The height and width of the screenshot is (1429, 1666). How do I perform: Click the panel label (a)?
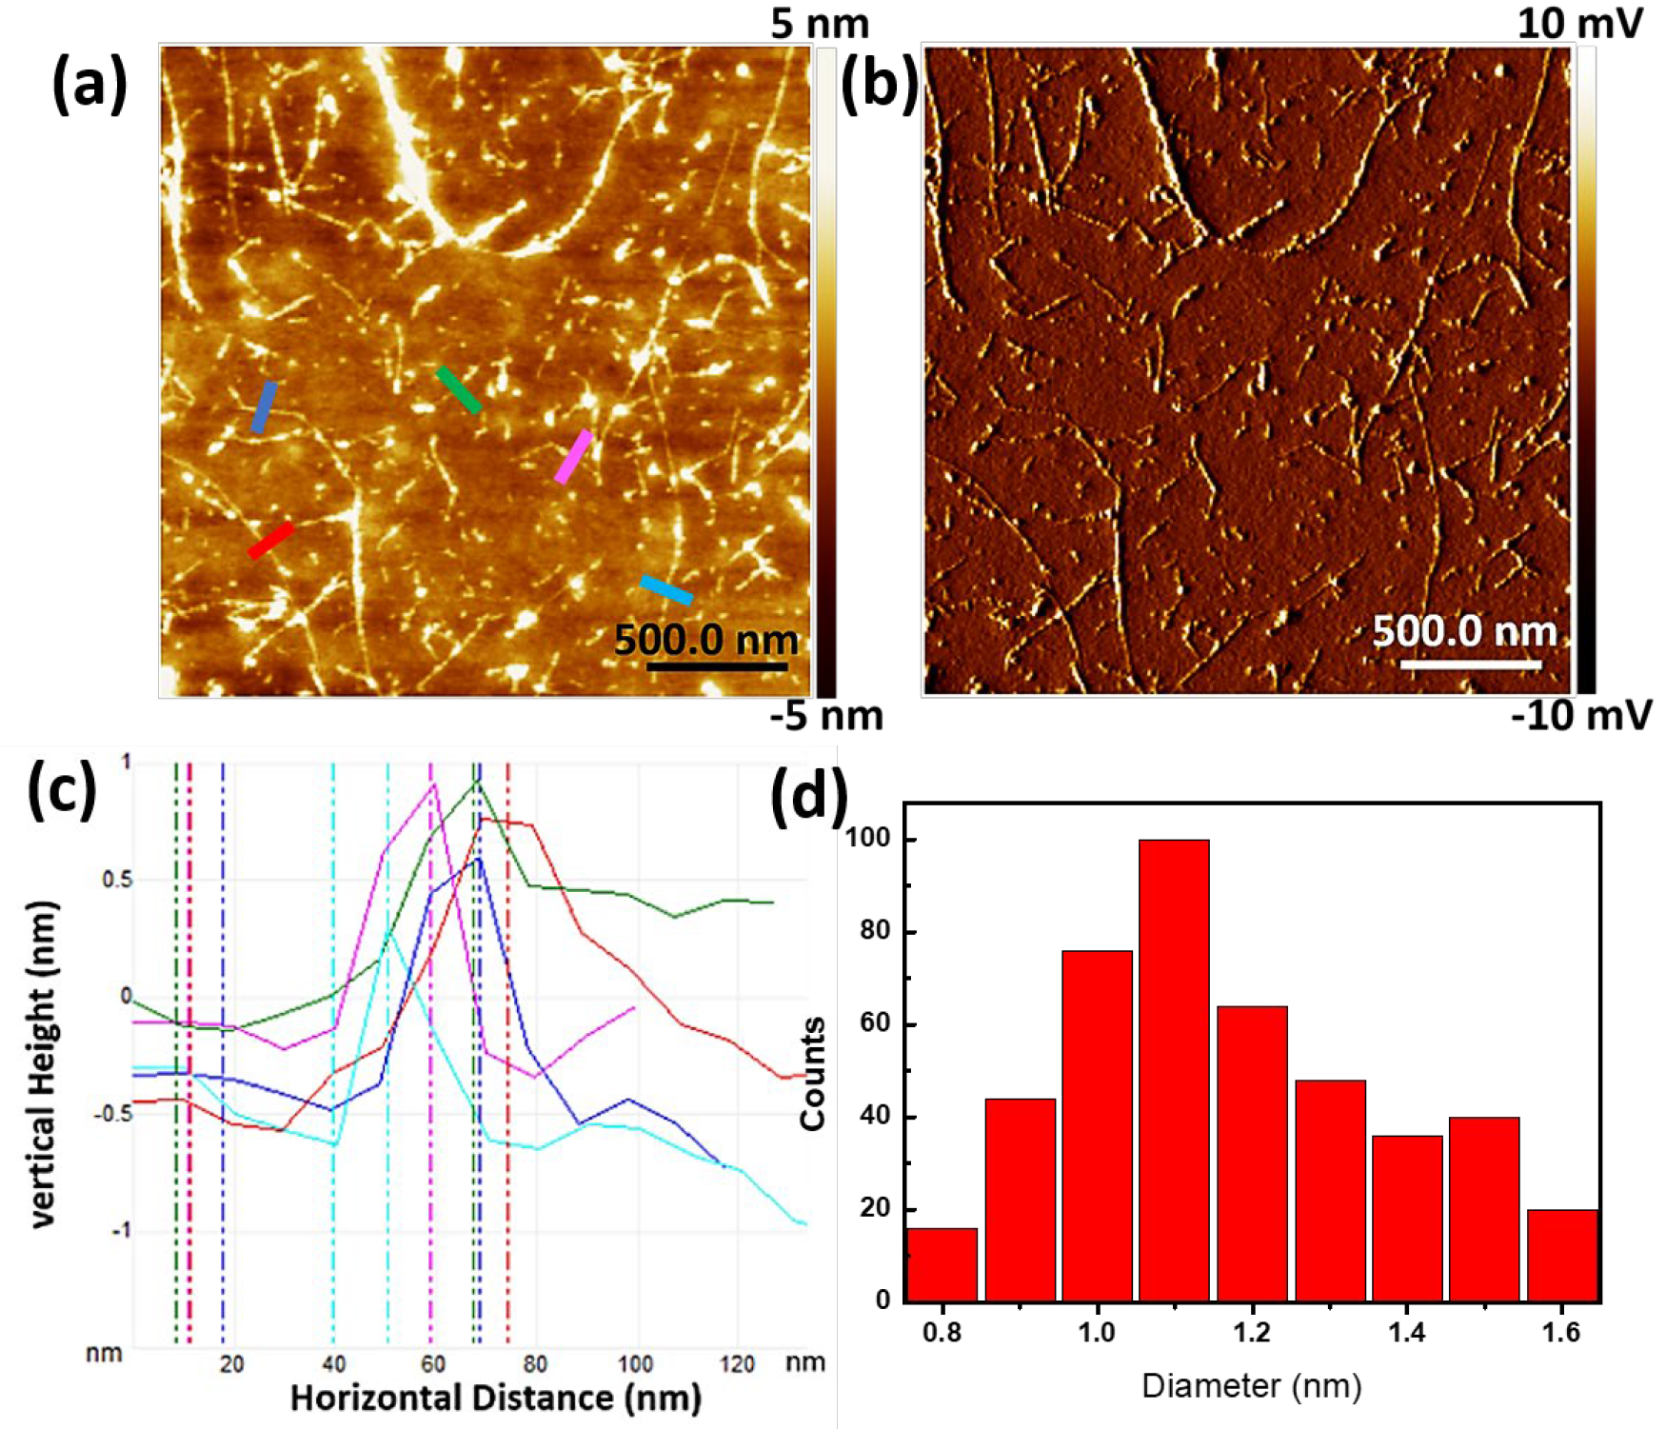click(x=89, y=83)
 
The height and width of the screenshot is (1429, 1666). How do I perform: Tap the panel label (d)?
click(x=808, y=793)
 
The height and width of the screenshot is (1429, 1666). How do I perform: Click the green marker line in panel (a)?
click(x=458, y=389)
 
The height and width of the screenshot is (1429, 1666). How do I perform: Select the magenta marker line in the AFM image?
click(x=574, y=456)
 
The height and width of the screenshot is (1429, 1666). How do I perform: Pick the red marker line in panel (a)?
click(x=270, y=540)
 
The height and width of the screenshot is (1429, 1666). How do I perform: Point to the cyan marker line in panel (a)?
click(x=665, y=589)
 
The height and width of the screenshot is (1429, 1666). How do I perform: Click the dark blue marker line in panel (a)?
click(x=264, y=407)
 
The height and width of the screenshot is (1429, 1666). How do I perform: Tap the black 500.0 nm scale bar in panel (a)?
click(x=717, y=665)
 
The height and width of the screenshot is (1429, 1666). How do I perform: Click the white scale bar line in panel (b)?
click(x=1470, y=664)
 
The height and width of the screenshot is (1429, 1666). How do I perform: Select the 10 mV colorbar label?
click(x=1579, y=23)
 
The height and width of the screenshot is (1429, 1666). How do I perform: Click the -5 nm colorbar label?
click(x=826, y=716)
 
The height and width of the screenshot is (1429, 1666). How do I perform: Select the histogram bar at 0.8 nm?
click(x=942, y=1264)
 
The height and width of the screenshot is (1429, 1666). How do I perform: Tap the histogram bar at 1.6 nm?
click(x=1562, y=1255)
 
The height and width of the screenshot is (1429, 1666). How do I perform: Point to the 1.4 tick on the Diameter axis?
click(x=1406, y=1332)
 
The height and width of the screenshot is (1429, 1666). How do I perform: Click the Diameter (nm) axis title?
click(x=1251, y=1385)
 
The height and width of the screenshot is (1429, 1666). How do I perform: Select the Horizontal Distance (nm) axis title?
click(x=495, y=1398)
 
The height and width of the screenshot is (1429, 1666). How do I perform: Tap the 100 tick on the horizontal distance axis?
click(x=635, y=1363)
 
